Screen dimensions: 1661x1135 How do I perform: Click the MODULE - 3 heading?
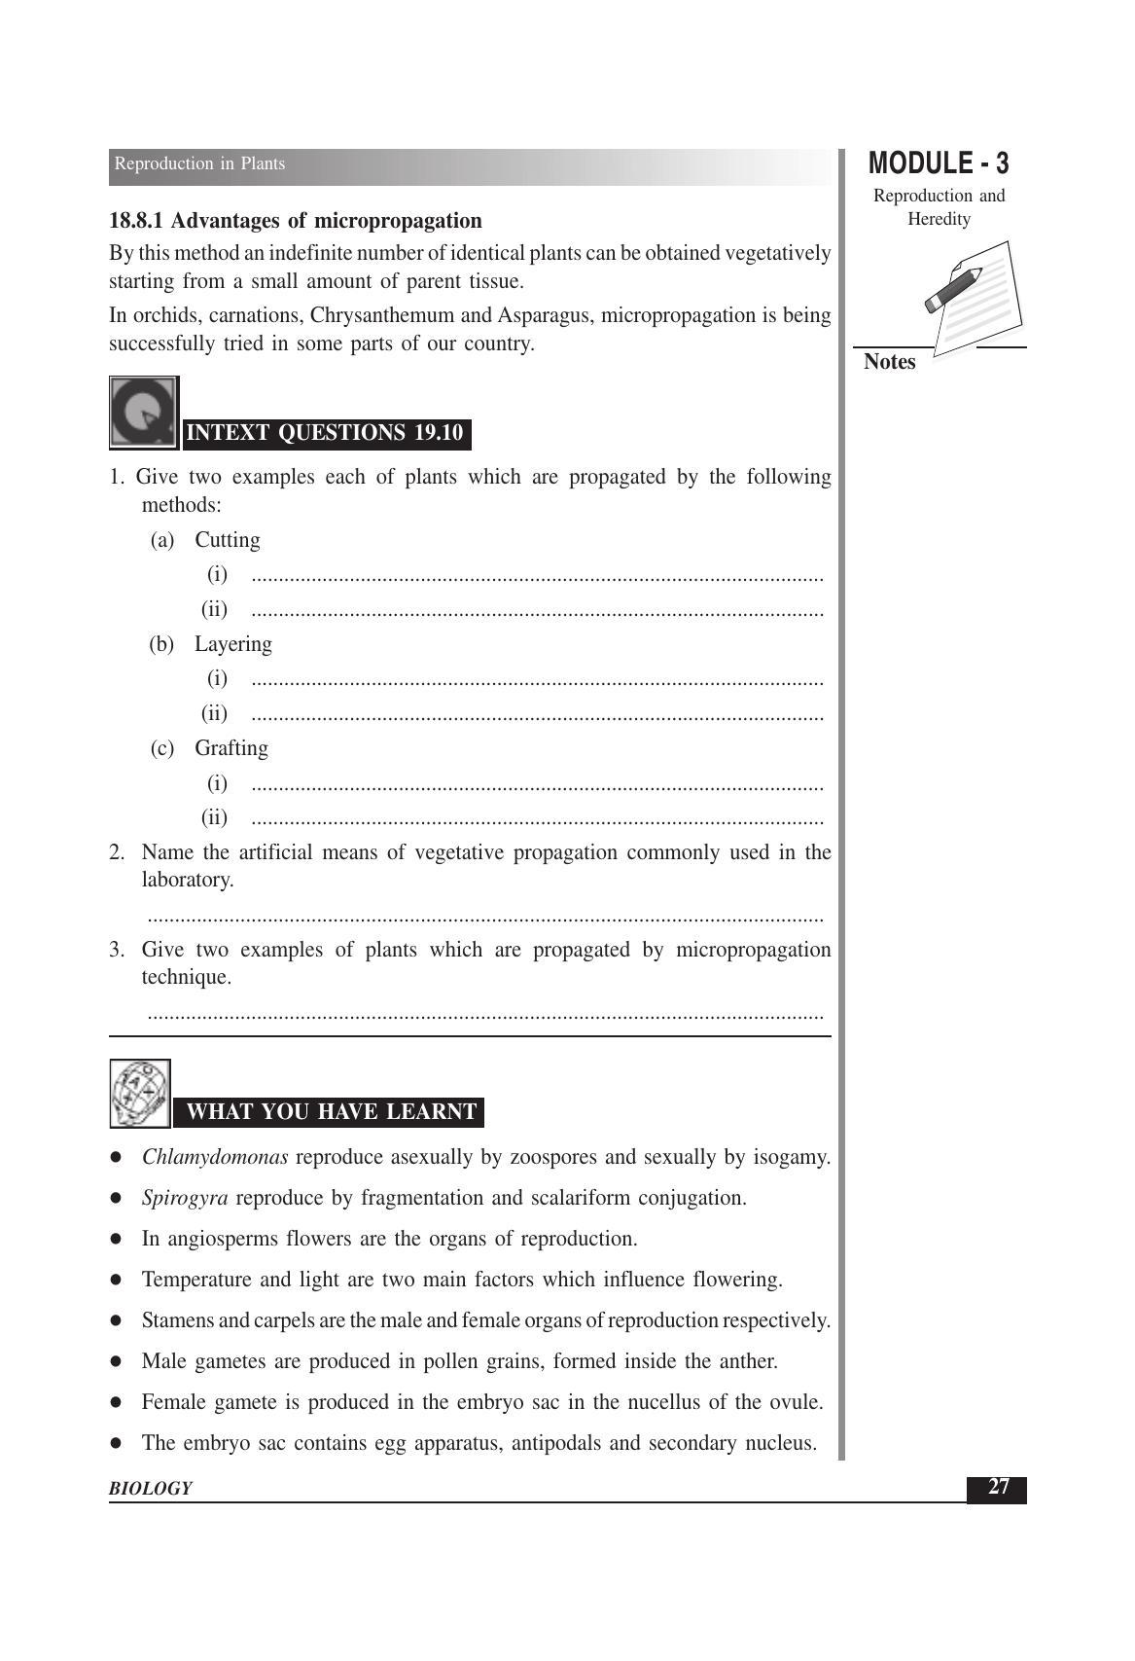pyautogui.click(x=938, y=163)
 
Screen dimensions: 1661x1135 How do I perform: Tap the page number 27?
pyautogui.click(x=998, y=1487)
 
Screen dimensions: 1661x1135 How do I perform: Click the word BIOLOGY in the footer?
pyautogui.click(x=151, y=1488)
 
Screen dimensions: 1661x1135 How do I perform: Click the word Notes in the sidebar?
pyautogui.click(x=889, y=362)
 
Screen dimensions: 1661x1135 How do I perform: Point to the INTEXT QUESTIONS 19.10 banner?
pyautogui.click(x=325, y=433)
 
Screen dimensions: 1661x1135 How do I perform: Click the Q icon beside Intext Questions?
pyautogui.click(x=143, y=413)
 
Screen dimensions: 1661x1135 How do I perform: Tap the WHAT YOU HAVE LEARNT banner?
pyautogui.click(x=331, y=1111)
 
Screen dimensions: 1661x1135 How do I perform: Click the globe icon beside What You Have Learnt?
pyautogui.click(x=140, y=1093)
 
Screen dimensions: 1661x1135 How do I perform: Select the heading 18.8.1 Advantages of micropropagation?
pyautogui.click(x=296, y=221)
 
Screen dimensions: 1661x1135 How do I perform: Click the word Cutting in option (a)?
pyautogui.click(x=228, y=540)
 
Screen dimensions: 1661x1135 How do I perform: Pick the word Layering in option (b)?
pyautogui.click(x=233, y=644)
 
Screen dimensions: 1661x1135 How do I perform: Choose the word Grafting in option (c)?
pyautogui.click(x=231, y=748)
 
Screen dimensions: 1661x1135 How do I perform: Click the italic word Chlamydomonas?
pyautogui.click(x=215, y=1157)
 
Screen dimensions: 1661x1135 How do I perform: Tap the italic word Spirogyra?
pyautogui.click(x=185, y=1198)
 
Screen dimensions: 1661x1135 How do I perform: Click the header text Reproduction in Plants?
pyautogui.click(x=199, y=163)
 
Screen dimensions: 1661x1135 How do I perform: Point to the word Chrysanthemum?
pyautogui.click(x=382, y=315)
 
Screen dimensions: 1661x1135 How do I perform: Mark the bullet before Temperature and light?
pyautogui.click(x=116, y=1280)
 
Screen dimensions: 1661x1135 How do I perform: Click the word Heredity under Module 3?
pyautogui.click(x=939, y=219)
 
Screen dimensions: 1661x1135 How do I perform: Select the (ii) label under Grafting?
pyautogui.click(x=214, y=817)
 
